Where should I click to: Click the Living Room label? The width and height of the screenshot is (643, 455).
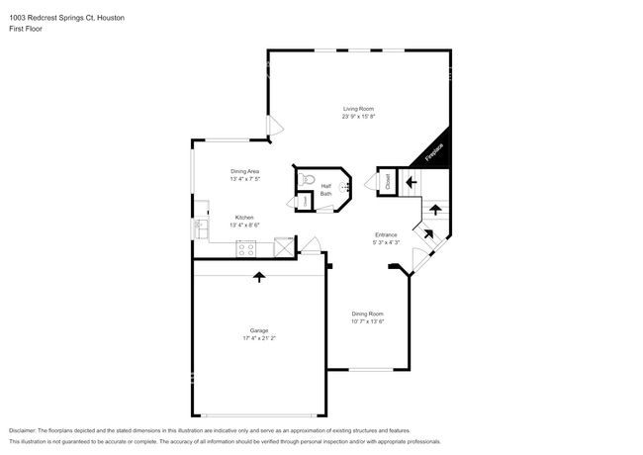pos(358,109)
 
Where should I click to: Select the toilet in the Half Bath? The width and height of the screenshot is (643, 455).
pos(308,179)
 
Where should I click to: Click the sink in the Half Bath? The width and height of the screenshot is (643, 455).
pos(345,186)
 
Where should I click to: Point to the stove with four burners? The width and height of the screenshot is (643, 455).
pos(246,249)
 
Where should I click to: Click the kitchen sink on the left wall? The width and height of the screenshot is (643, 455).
pos(198,227)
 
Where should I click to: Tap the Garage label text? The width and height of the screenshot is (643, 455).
pos(258,330)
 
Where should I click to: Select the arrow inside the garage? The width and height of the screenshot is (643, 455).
pos(259,277)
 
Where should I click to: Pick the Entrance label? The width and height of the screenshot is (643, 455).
pos(386,234)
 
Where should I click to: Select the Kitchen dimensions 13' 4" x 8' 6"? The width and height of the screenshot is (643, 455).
pos(244,226)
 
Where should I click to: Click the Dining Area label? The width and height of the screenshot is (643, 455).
pos(244,171)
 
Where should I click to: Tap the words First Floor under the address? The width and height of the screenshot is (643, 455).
pos(27,29)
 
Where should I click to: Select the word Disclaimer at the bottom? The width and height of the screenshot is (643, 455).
pos(26,430)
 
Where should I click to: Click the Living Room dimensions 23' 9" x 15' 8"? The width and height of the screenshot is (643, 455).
pos(358,117)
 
